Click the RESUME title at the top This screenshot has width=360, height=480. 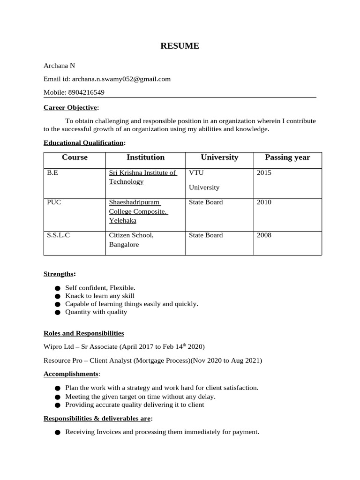[x=180, y=45]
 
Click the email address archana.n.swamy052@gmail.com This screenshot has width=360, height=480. [x=121, y=79]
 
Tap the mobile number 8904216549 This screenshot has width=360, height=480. [x=87, y=92]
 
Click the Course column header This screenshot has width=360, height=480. [x=75, y=157]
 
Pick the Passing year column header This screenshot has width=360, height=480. [x=287, y=157]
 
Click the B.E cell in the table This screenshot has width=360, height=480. [x=52, y=172]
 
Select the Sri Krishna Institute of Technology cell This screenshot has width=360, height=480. [x=142, y=177]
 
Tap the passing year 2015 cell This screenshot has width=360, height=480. [x=264, y=172]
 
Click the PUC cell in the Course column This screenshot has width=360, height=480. [x=54, y=202]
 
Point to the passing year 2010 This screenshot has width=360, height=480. [x=264, y=202]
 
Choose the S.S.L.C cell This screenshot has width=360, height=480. [x=58, y=235]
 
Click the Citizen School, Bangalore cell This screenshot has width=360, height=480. [x=131, y=240]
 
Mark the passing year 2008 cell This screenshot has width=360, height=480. [x=264, y=235]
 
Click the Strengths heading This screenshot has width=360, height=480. [x=59, y=273]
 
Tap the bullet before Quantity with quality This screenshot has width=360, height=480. [x=57, y=312]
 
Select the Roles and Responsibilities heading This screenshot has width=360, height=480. [x=83, y=333]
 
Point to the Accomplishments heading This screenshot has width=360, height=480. [x=71, y=374]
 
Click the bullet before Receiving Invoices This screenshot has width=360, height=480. [x=57, y=433]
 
